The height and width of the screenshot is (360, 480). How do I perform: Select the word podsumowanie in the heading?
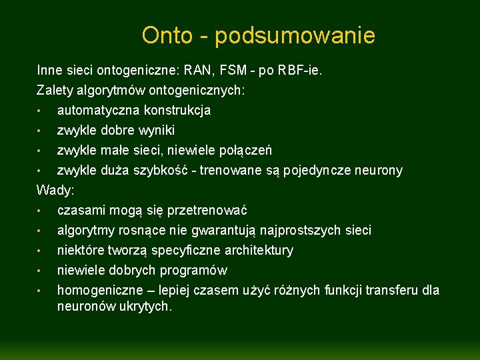295,36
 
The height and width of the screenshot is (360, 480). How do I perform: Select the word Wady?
55,190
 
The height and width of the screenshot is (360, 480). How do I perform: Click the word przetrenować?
207,211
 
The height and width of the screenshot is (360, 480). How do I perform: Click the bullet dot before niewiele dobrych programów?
40,271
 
